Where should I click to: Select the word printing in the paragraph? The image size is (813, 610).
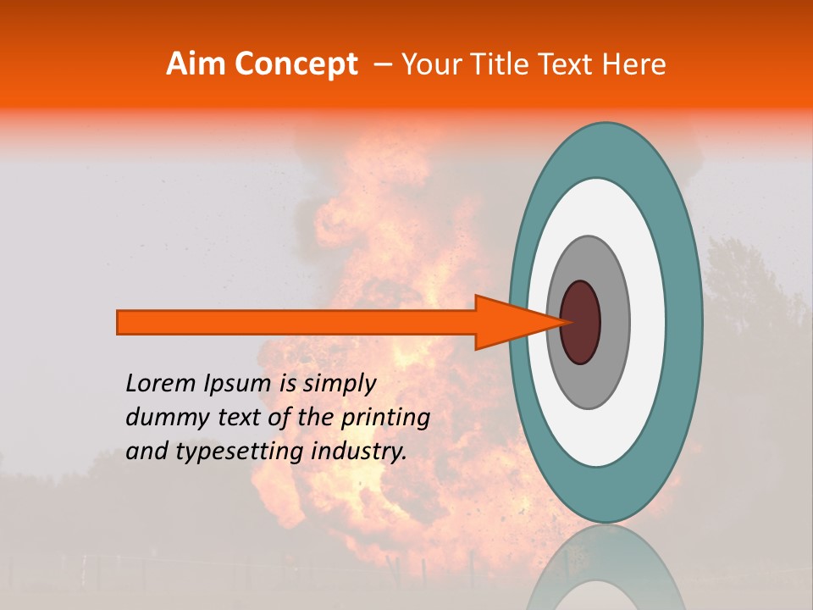[385, 419]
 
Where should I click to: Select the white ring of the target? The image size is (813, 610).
[648, 322]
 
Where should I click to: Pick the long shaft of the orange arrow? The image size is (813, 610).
[296, 322]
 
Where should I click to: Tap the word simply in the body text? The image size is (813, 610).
[339, 385]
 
